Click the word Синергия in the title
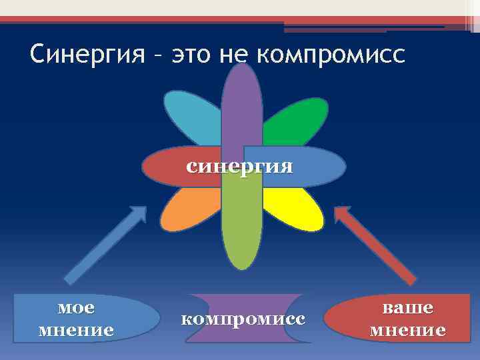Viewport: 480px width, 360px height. pos(87,55)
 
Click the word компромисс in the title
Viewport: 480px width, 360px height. pos(330,55)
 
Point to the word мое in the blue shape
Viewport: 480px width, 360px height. pos(76,308)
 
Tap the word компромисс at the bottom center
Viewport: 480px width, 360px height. pos(243,319)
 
